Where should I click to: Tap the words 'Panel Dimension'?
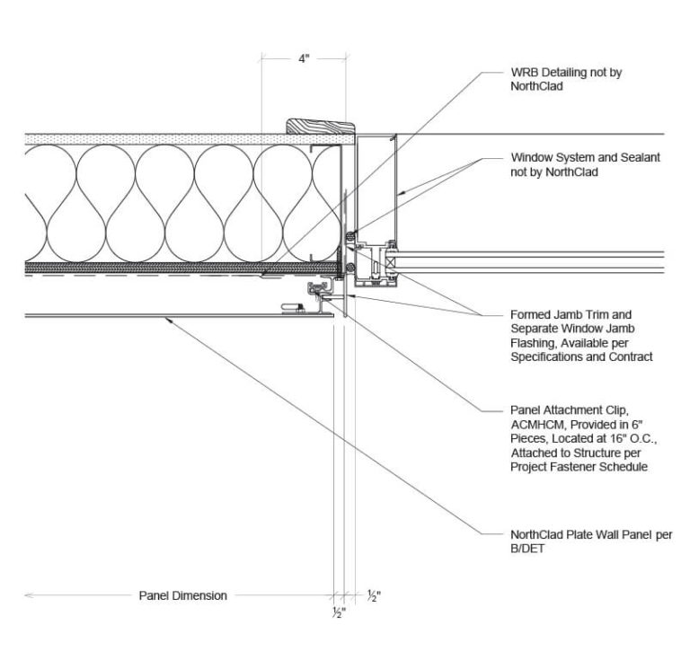tap(182, 595)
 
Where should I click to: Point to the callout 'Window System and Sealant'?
tap(583, 157)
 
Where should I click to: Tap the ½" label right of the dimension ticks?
tap(373, 595)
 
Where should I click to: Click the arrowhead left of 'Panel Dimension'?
tap(29, 595)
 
